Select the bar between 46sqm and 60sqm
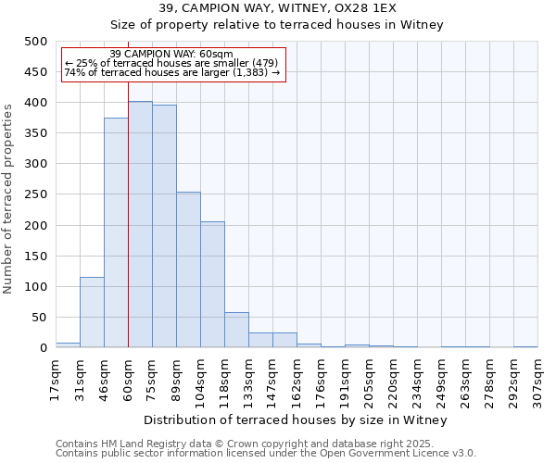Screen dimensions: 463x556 [x=116, y=232]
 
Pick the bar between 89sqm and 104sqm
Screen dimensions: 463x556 [x=188, y=269]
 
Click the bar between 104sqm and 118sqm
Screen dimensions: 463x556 [x=212, y=284]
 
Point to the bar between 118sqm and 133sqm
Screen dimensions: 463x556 [x=236, y=330]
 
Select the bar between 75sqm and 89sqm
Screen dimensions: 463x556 [x=164, y=226]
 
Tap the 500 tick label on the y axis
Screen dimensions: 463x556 [x=35, y=42]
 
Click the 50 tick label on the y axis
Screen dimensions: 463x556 [x=39, y=318]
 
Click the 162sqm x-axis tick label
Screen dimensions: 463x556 [x=297, y=379]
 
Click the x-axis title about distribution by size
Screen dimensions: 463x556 [x=297, y=420]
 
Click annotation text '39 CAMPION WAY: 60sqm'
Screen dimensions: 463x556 [x=171, y=55]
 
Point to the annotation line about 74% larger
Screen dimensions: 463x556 [x=171, y=72]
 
